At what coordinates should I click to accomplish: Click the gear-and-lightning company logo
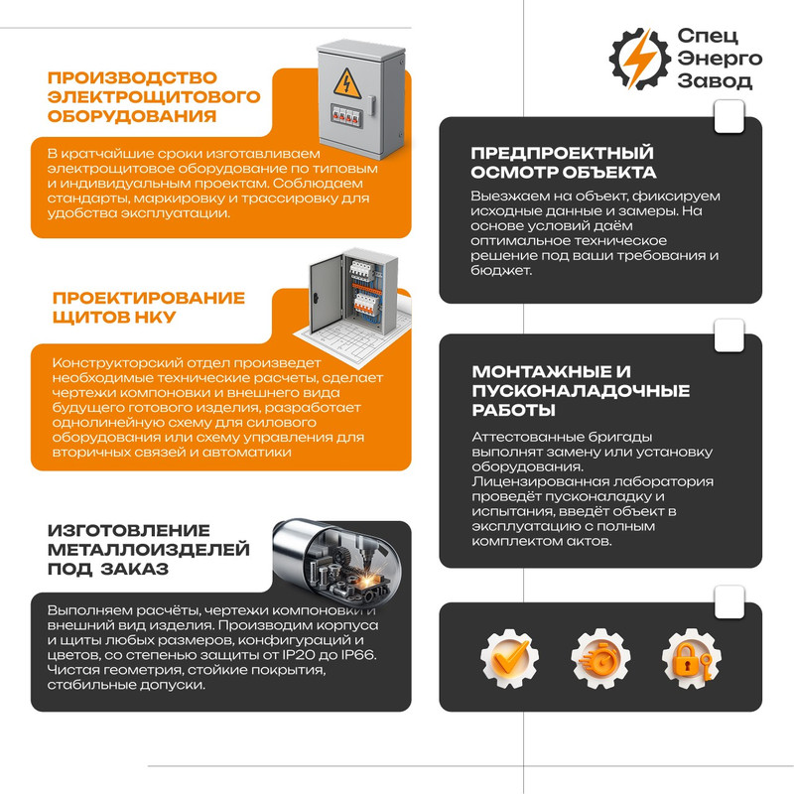(640, 59)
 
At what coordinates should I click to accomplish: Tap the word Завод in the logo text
(715, 81)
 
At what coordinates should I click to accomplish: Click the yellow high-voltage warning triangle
(346, 83)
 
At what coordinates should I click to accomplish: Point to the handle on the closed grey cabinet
(372, 106)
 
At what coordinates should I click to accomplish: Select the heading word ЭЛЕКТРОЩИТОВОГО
(154, 96)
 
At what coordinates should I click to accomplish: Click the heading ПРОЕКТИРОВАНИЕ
(149, 298)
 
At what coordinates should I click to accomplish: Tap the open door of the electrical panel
(326, 294)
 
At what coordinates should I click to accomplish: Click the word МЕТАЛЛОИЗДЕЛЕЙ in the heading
(149, 550)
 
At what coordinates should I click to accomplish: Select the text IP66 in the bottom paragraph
(357, 655)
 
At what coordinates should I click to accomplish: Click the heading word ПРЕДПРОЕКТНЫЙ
(562, 153)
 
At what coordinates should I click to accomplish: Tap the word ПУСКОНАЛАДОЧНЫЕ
(581, 391)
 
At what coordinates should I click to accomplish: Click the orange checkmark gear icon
(509, 658)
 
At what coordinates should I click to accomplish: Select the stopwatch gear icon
(600, 658)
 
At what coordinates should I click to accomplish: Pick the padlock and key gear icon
(692, 658)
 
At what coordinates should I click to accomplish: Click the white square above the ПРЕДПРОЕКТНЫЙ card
(728, 116)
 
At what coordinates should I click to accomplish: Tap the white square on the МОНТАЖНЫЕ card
(728, 335)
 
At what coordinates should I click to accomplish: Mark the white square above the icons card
(728, 602)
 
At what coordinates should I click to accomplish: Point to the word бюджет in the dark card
(501, 270)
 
